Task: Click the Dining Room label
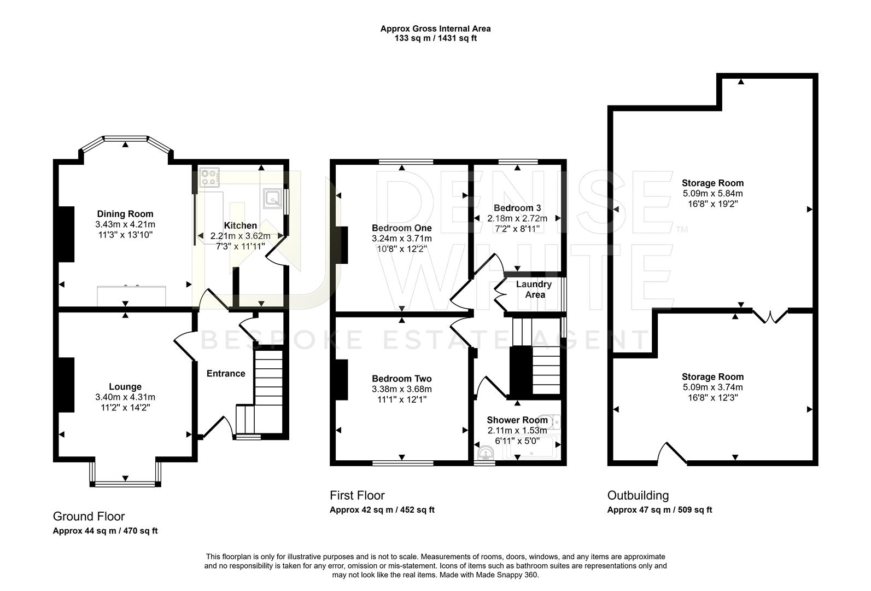pyautogui.click(x=125, y=213)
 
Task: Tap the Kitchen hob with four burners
pyautogui.click(x=209, y=177)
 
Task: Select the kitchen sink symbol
pyautogui.click(x=273, y=199)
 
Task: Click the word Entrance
pyautogui.click(x=225, y=374)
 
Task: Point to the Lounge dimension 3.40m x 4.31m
pyautogui.click(x=125, y=397)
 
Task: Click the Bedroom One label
pyautogui.click(x=402, y=228)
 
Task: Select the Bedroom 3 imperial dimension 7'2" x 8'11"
pyautogui.click(x=517, y=229)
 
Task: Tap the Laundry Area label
pyautogui.click(x=534, y=289)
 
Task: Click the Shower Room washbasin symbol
pyautogui.click(x=485, y=453)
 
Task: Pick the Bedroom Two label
pyautogui.click(x=402, y=379)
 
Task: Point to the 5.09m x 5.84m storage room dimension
pyautogui.click(x=713, y=193)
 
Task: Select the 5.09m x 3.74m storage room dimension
pyautogui.click(x=713, y=387)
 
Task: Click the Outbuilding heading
pyautogui.click(x=638, y=495)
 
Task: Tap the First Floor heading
pyautogui.click(x=357, y=495)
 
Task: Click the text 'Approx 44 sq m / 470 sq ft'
pyautogui.click(x=105, y=531)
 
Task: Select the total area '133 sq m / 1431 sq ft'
pyautogui.click(x=435, y=38)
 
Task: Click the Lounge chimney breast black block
pyautogui.click(x=67, y=385)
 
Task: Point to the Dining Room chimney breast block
pyautogui.click(x=67, y=234)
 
